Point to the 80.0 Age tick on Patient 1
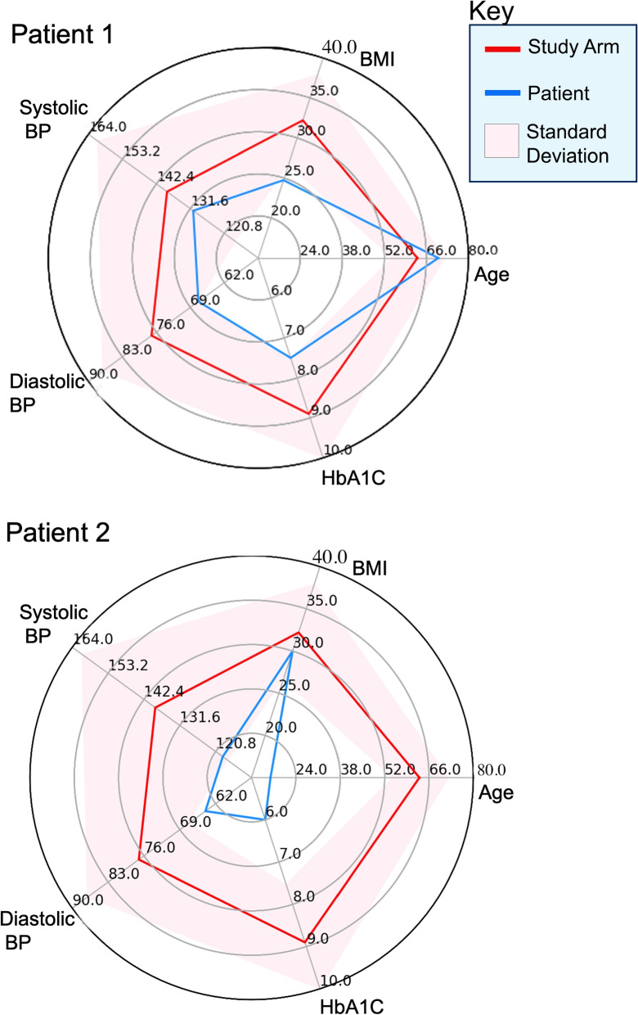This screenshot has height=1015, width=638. pyautogui.click(x=483, y=250)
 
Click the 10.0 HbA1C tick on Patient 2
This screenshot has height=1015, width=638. pyautogui.click(x=335, y=981)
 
